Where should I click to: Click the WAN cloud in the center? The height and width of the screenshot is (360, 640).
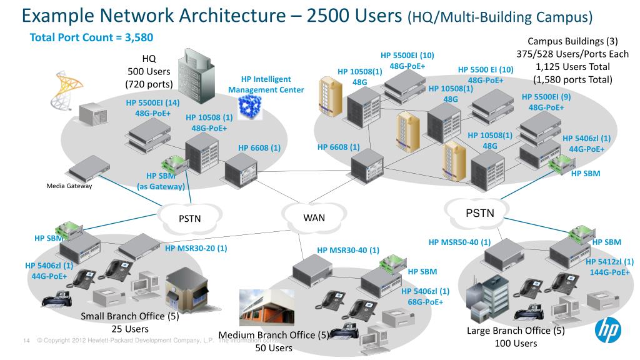pos(314,217)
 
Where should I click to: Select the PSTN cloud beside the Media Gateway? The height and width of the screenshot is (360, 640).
pos(189,218)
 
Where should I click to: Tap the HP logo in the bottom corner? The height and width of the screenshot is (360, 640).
pos(607,331)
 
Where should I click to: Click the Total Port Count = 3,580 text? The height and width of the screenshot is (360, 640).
pos(91,38)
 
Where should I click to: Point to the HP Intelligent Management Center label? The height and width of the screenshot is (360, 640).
pos(266,84)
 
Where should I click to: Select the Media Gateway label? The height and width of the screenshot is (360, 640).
pos(69,186)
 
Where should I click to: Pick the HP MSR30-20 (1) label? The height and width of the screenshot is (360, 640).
pos(196,248)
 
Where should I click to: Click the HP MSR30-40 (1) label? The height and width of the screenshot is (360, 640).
pos(348,250)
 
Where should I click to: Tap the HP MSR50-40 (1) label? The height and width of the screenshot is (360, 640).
pos(459,242)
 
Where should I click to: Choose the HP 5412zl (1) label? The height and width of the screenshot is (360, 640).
pos(610,262)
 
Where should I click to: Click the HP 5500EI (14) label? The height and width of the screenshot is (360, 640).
pos(152,102)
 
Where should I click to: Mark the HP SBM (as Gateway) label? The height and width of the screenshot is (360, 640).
pos(161,181)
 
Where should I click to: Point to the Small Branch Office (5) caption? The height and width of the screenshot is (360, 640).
pos(130,316)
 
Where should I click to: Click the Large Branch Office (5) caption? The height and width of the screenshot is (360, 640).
pos(516,330)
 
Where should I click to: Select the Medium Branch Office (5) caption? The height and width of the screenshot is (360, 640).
pos(274,335)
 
